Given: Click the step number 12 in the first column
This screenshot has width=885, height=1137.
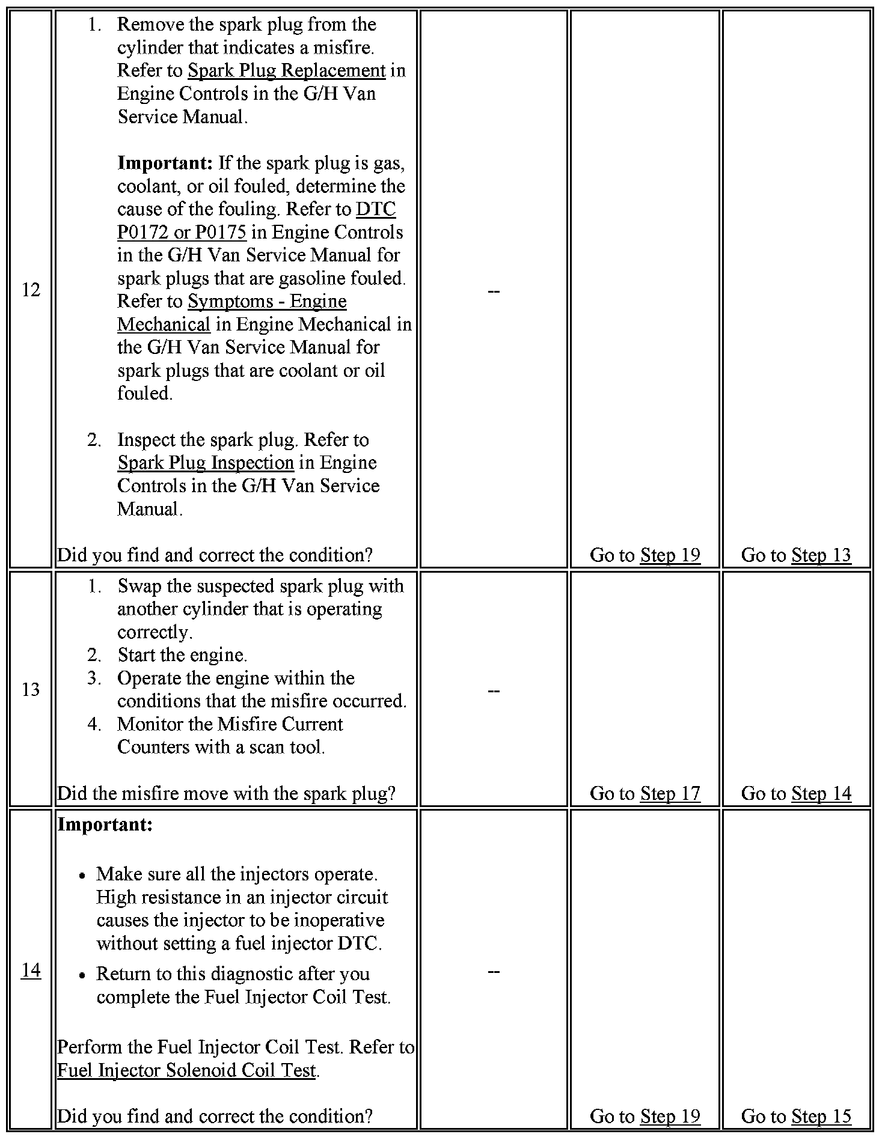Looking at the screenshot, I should [31, 290].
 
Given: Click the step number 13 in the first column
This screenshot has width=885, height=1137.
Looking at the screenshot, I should [31, 689].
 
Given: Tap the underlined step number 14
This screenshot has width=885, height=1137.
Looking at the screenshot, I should [31, 971].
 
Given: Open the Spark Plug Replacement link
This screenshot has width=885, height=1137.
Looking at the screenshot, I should [286, 71].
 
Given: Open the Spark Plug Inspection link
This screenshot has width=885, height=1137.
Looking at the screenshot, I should [206, 463].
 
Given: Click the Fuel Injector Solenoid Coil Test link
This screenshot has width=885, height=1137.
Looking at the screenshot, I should [186, 1070].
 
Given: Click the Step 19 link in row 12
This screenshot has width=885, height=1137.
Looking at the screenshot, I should [670, 555].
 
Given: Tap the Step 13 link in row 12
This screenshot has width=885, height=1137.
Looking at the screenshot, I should [821, 555].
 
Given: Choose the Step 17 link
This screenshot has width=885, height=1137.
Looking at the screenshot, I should [670, 793].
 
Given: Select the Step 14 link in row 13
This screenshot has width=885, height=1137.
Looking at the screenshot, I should [821, 793].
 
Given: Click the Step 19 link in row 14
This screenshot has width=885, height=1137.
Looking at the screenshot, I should [670, 1116].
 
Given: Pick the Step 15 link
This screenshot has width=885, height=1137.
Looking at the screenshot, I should [821, 1116].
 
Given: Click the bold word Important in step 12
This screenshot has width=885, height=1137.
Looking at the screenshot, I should [165, 163].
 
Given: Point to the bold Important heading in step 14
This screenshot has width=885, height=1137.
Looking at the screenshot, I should [105, 825].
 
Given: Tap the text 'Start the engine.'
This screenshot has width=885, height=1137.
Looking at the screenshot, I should [182, 655].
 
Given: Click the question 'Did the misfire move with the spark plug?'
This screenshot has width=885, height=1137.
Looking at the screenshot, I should [226, 793].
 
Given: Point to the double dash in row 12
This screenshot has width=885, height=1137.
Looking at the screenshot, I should [494, 291].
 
